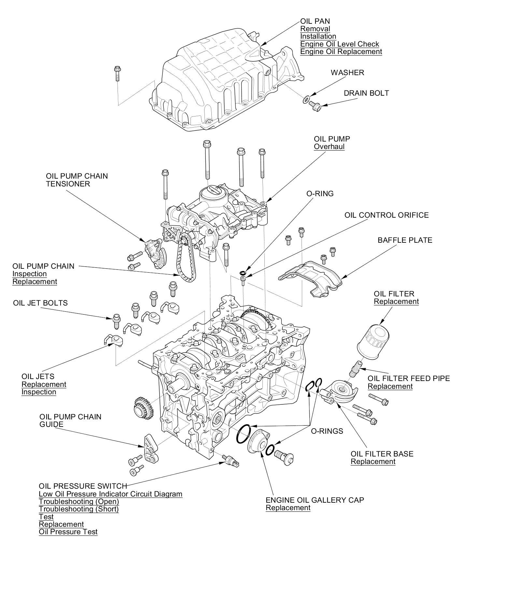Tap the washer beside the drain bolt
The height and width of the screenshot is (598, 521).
(306, 99)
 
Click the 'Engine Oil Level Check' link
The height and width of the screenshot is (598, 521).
(339, 44)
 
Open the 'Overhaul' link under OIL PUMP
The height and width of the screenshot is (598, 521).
(329, 146)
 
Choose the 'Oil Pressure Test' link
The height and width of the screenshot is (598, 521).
(68, 532)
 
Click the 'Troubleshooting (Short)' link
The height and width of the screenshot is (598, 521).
(78, 509)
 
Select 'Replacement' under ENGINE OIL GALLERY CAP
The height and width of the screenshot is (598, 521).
(288, 508)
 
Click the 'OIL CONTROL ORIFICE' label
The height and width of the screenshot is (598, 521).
(387, 215)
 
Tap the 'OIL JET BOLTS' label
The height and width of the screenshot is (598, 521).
(40, 303)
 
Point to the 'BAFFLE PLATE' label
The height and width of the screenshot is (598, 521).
(405, 240)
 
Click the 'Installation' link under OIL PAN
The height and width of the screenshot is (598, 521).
(318, 36)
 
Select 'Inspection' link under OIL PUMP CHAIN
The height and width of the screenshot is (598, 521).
(30, 274)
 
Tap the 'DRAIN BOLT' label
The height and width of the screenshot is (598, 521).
(366, 93)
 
